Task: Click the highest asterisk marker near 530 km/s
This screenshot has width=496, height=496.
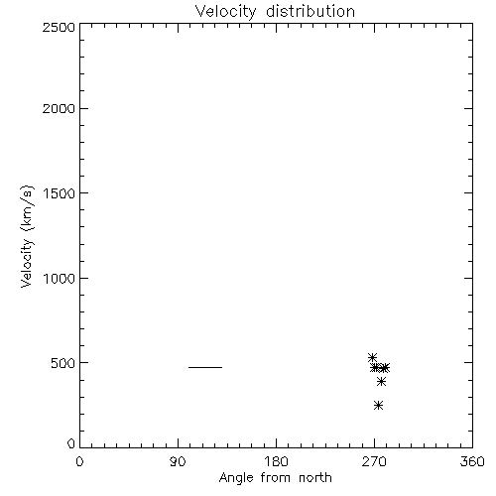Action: pos(373,357)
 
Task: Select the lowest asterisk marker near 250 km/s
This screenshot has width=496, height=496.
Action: pos(379,405)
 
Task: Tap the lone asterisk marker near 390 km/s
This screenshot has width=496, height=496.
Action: pos(382,382)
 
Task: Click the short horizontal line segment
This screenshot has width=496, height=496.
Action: pos(205,367)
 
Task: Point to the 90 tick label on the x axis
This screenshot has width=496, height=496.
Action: pos(178,461)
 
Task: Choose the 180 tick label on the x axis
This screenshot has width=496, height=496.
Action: pos(276,461)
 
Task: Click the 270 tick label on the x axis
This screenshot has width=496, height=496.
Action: pos(374,461)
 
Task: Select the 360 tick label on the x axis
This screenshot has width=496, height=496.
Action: pos(472,461)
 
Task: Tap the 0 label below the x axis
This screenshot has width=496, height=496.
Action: pos(79,461)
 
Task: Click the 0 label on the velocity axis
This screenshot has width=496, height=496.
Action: pos(71,443)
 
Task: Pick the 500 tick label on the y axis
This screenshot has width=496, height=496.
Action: pos(63,363)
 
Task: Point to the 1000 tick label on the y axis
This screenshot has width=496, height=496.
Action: pos(60,279)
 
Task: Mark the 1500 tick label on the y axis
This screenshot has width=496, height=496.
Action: pos(60,193)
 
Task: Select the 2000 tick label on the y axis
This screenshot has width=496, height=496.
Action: pos(60,109)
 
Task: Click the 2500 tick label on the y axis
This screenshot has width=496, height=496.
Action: pos(60,28)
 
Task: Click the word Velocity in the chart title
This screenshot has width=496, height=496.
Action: pos(226,12)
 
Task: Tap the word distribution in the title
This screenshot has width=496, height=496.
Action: pos(310,11)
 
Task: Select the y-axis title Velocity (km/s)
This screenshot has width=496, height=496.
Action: pos(27,236)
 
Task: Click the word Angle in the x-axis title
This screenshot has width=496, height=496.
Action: pos(236,478)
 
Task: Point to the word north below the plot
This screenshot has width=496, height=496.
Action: pos(315,478)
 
